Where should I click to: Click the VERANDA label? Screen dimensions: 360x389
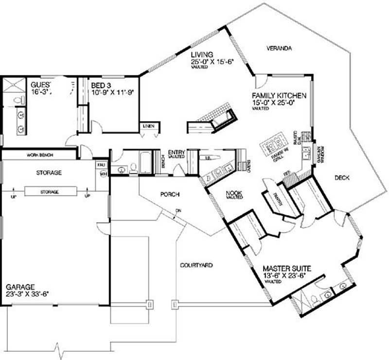tap(279, 49)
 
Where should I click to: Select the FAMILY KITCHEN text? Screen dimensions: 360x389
tap(279, 96)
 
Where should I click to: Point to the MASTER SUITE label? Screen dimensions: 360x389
tap(287, 268)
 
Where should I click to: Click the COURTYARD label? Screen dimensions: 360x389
tap(196, 266)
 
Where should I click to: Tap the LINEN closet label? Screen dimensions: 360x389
tap(149, 126)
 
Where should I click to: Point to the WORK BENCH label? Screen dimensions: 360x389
tap(40, 155)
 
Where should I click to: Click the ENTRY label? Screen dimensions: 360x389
tap(176, 152)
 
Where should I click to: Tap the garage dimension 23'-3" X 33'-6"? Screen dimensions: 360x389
tap(28, 293)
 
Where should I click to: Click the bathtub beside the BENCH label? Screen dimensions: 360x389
tap(145, 163)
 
